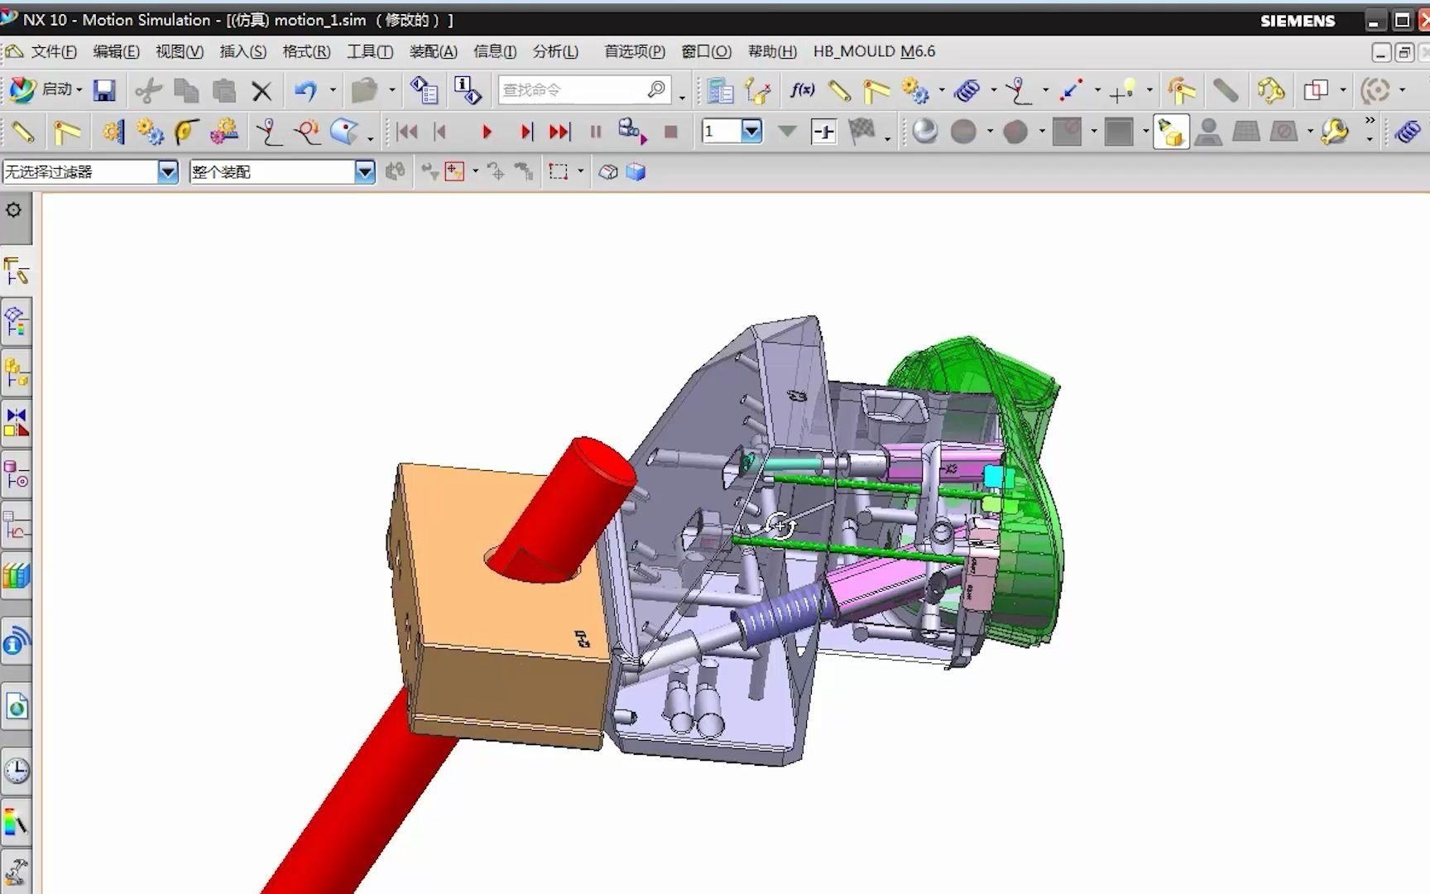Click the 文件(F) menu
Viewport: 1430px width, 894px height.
tap(54, 51)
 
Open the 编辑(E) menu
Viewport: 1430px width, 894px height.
tap(116, 51)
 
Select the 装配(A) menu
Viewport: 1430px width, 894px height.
tap(433, 51)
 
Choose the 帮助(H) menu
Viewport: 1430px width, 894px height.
tap(772, 51)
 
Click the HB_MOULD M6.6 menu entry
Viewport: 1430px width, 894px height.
tap(874, 51)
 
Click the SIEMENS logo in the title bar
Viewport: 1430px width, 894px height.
tap(1298, 21)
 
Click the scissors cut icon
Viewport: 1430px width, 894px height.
tap(148, 90)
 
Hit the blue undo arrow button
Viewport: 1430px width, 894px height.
tap(305, 90)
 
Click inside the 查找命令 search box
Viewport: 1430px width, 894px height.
tap(571, 89)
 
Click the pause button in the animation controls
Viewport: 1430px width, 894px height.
tap(596, 132)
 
